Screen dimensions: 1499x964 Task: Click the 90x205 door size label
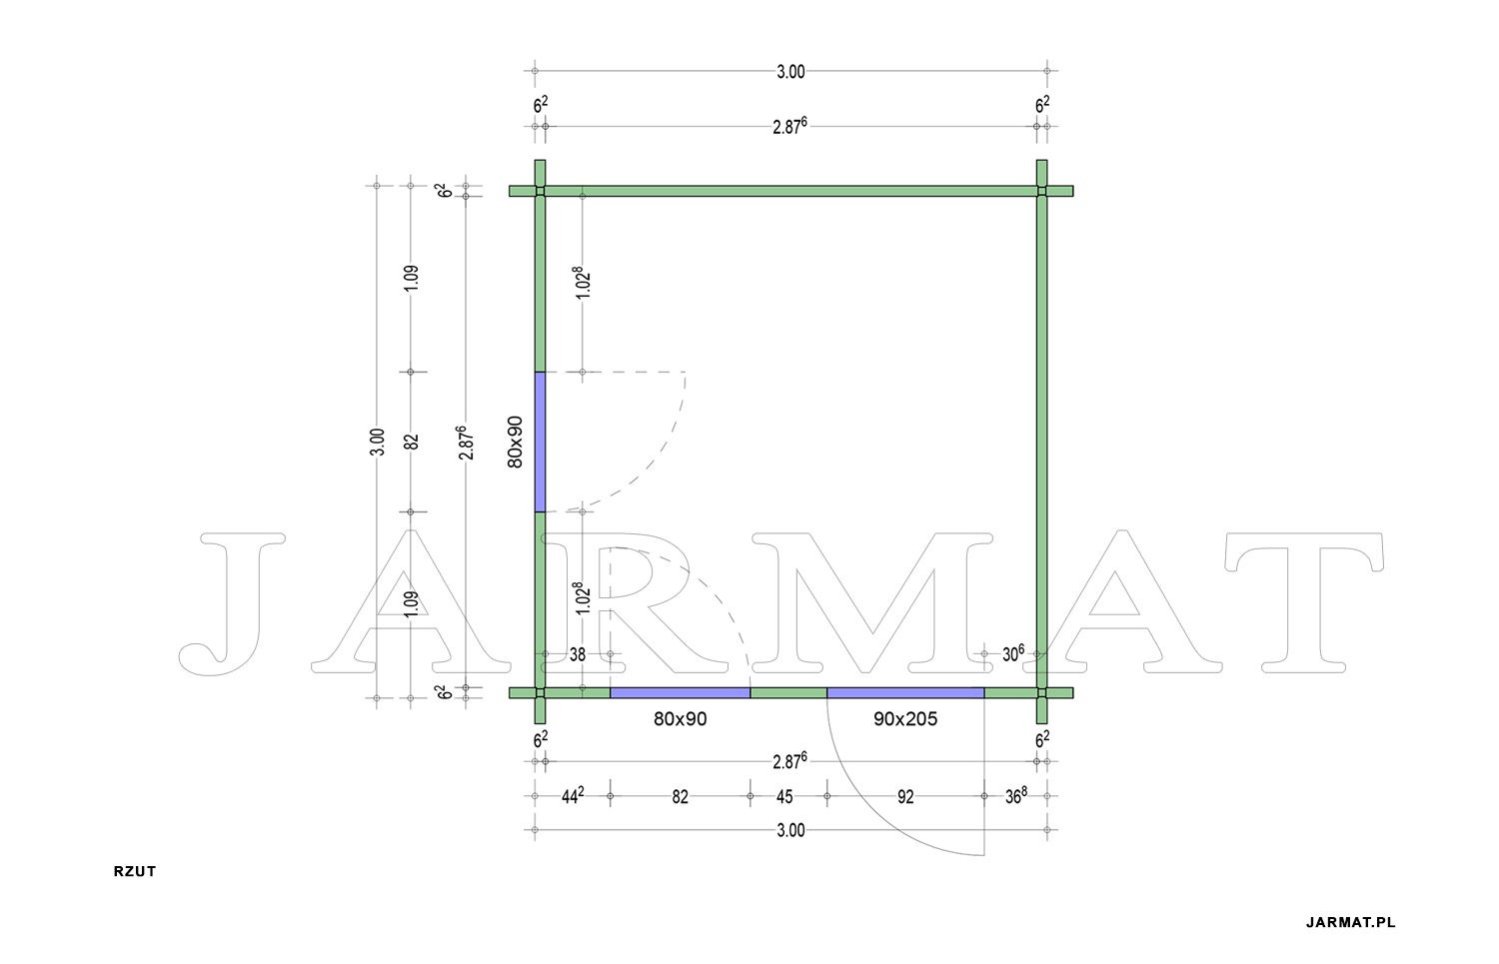point(904,719)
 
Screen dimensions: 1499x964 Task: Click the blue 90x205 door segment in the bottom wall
point(905,693)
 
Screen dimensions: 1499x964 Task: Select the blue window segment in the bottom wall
point(680,693)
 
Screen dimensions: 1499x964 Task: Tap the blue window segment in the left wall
point(540,442)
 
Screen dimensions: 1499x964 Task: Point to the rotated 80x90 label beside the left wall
point(515,442)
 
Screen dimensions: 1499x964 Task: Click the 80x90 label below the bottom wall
point(680,719)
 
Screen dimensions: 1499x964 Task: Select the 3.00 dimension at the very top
point(790,72)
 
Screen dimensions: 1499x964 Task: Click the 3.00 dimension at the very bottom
point(790,831)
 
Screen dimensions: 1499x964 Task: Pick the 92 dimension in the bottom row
point(905,797)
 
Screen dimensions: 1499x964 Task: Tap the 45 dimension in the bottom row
point(784,797)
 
